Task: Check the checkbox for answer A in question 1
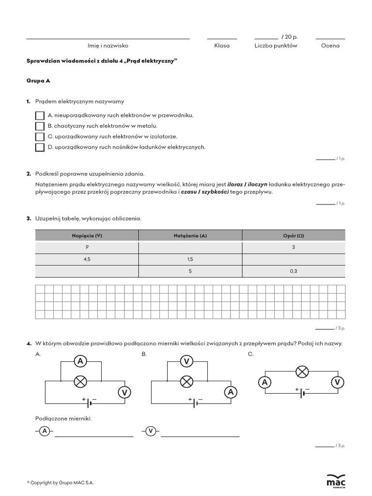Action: [x=40, y=116]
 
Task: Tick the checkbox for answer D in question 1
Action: [x=40, y=147]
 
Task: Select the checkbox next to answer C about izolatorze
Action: [x=40, y=137]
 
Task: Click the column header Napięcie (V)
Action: [x=87, y=235]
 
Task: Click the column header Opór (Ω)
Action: [x=294, y=235]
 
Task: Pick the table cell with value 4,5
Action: [x=87, y=260]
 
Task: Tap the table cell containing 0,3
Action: [x=294, y=272]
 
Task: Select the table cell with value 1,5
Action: [x=190, y=260]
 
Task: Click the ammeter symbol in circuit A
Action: [x=80, y=361]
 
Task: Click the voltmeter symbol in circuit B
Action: [x=186, y=361]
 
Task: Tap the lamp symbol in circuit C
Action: [x=302, y=372]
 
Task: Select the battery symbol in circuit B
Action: [x=196, y=402]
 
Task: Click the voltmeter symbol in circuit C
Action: [x=337, y=383]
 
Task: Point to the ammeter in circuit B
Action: [x=231, y=392]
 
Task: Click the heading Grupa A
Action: [x=38, y=81]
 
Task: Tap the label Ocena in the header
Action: [x=330, y=46]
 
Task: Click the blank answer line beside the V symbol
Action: [x=200, y=436]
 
